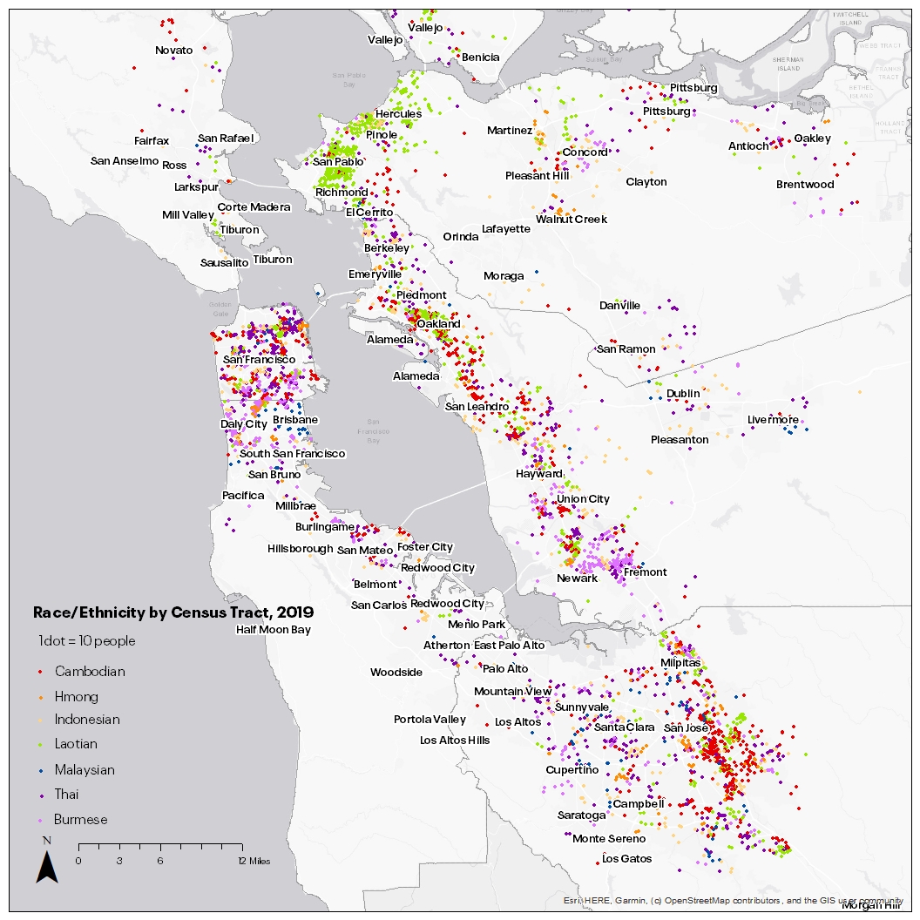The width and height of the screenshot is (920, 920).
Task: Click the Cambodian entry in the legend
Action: [90, 672]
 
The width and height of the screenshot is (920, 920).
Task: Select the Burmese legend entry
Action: [81, 820]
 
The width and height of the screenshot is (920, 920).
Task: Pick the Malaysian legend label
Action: [84, 770]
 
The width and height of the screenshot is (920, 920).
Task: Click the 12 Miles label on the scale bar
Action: [254, 861]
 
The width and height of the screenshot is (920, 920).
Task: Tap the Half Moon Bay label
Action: [273, 629]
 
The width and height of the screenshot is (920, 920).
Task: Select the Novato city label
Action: [174, 51]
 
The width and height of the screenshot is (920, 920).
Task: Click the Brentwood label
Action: [805, 185]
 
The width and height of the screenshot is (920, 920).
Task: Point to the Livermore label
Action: [773, 420]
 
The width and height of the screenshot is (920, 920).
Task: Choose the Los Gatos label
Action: [626, 859]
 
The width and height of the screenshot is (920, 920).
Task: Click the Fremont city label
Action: [645, 572]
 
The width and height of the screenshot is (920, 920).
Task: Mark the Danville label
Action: [619, 306]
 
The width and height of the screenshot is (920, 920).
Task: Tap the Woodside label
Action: [396, 673]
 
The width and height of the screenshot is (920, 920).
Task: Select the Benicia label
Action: [481, 57]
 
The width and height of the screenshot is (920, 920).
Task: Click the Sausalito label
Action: [224, 262]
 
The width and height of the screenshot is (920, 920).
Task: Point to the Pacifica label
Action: [243, 496]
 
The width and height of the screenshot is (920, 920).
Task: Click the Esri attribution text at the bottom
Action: [733, 901]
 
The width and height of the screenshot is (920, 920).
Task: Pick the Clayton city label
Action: [646, 182]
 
